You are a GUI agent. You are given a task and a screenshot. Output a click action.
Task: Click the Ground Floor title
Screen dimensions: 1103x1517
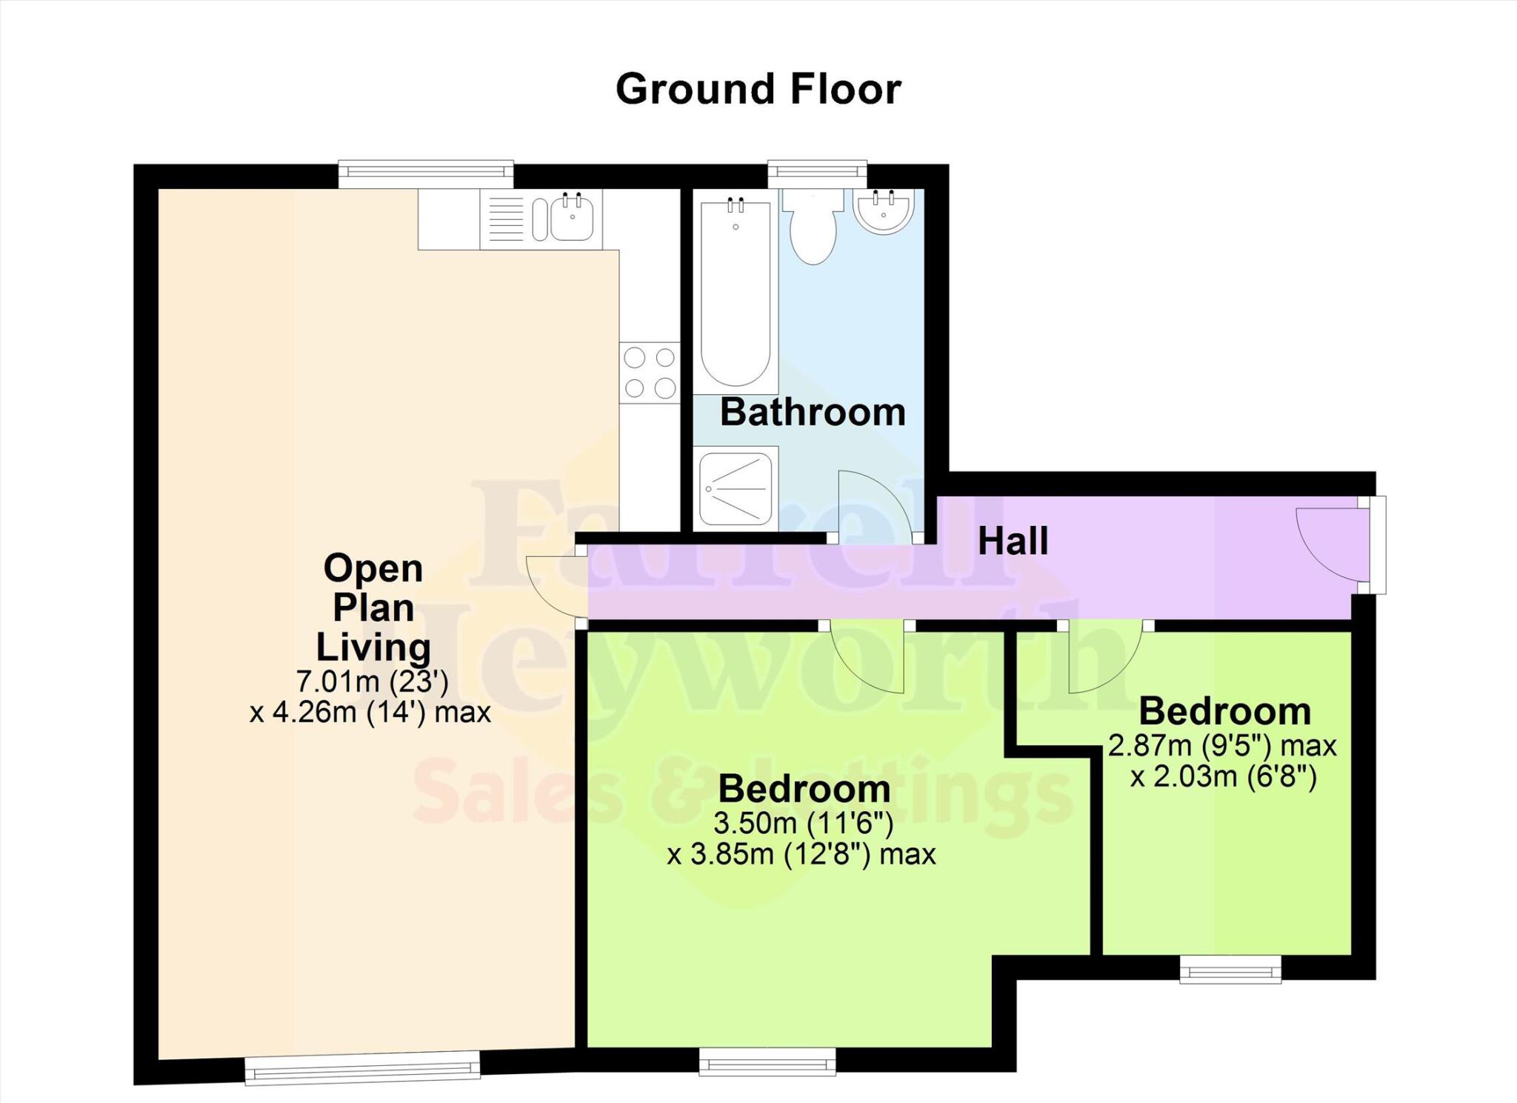(x=758, y=89)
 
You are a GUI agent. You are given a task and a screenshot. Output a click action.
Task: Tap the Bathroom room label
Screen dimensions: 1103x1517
(x=813, y=412)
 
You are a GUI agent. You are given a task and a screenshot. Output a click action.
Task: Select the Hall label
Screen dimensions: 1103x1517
(x=1013, y=541)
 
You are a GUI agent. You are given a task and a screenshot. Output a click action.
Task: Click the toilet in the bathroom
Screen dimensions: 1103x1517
(x=813, y=226)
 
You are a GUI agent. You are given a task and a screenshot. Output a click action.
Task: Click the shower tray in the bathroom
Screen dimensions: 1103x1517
(x=736, y=488)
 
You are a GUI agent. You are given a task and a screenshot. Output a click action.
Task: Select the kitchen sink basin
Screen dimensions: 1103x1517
(x=571, y=219)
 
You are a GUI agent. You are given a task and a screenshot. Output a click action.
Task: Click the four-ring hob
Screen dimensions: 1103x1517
(x=650, y=373)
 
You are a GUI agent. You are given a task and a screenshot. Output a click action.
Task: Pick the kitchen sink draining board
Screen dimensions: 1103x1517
(x=506, y=219)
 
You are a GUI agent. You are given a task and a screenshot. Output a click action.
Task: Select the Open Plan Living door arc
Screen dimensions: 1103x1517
(x=556, y=585)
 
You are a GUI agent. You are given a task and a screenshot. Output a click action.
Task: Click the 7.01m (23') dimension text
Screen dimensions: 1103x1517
(x=373, y=680)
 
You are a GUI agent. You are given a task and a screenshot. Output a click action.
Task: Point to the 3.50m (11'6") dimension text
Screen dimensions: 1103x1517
(x=803, y=822)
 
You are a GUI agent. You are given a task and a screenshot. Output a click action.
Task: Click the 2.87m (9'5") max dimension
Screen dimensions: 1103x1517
(x=1222, y=745)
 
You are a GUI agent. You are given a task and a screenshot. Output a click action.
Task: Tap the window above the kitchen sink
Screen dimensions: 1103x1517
(x=426, y=174)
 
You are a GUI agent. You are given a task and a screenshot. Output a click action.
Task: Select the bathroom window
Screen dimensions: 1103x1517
(x=817, y=174)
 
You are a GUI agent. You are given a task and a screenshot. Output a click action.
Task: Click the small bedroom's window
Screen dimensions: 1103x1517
(x=1230, y=968)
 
